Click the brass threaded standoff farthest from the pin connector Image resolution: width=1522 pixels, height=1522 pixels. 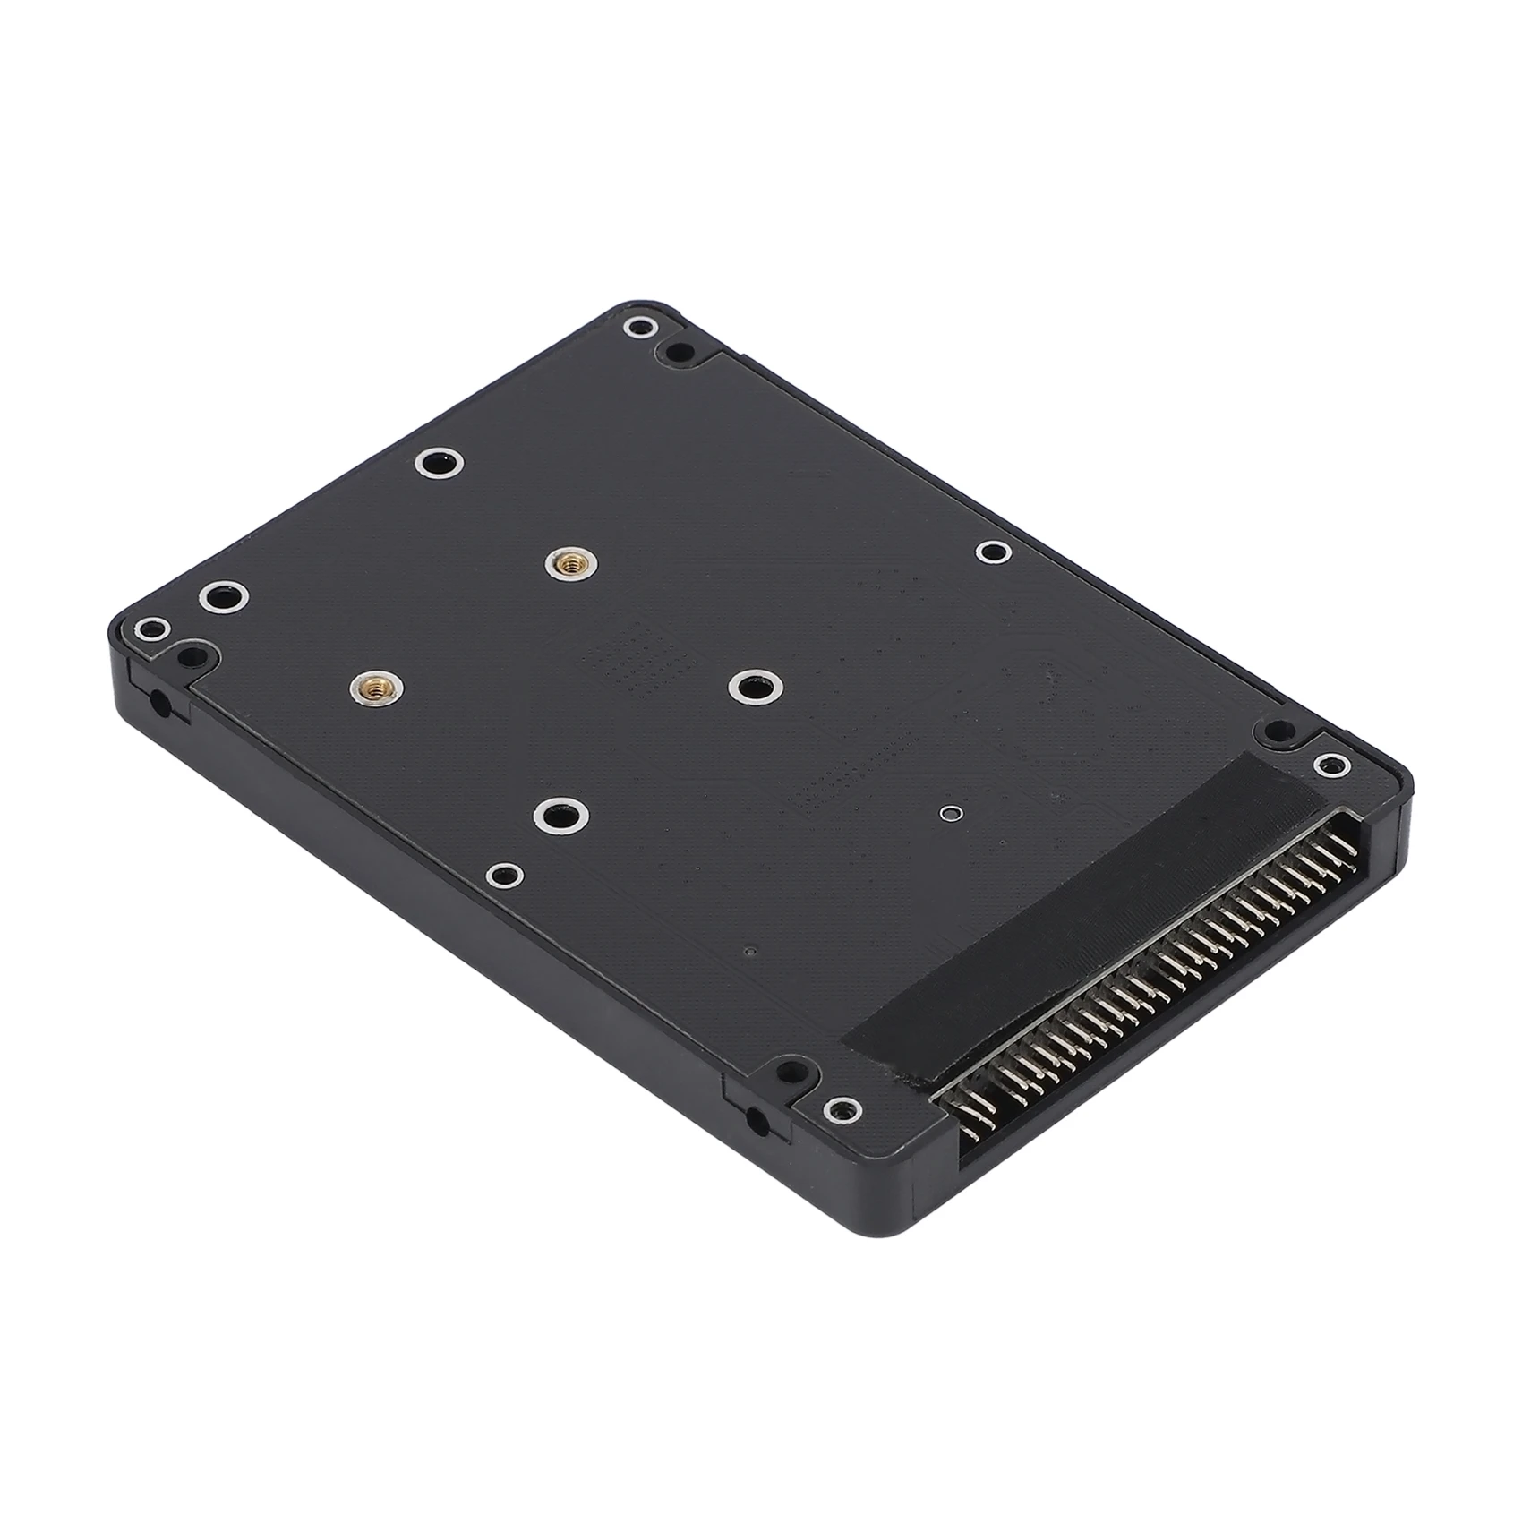tap(565, 562)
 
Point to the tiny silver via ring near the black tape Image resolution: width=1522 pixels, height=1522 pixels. tap(949, 813)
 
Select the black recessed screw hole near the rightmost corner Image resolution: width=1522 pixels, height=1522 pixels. tap(1274, 734)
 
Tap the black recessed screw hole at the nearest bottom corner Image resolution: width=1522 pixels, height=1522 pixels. tap(788, 1070)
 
